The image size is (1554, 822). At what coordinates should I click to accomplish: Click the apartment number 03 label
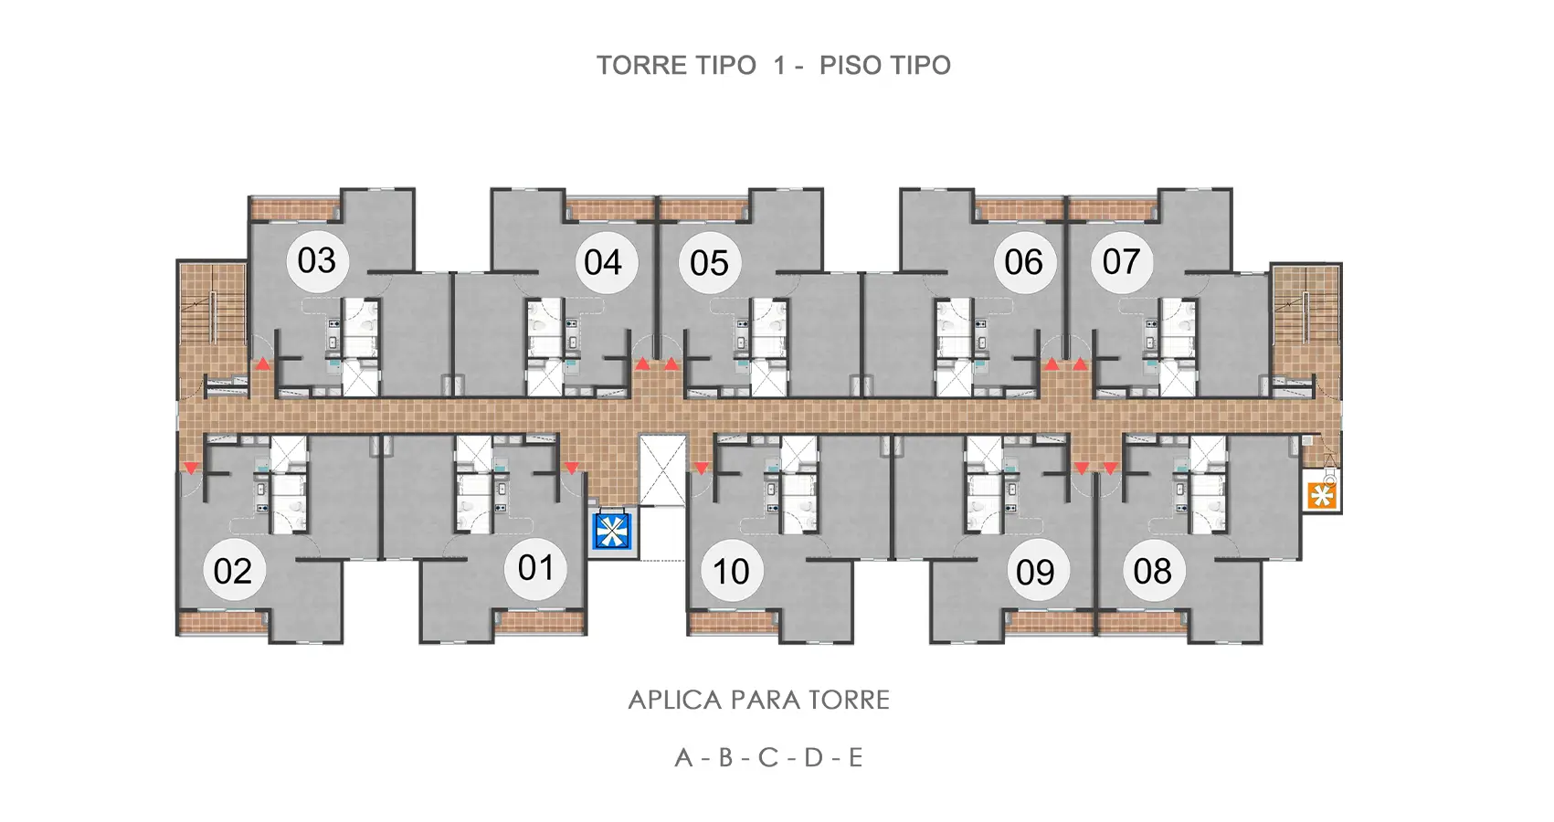tap(316, 261)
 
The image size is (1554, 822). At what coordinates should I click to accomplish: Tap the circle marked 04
tap(603, 263)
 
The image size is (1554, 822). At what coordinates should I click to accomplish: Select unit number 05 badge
tap(710, 263)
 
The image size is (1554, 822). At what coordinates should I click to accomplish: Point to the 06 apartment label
tap(1023, 262)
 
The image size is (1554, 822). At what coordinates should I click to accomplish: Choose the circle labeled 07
tap(1122, 262)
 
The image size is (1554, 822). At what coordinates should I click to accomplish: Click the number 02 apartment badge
tap(233, 571)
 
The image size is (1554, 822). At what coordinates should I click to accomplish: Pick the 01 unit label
tap(535, 568)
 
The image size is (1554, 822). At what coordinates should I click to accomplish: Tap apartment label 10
tap(731, 572)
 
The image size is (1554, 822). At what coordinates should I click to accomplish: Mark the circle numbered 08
tap(1153, 571)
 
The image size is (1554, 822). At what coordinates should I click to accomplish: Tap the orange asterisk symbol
tap(1322, 496)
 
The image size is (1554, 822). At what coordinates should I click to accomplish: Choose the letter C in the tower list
tap(768, 758)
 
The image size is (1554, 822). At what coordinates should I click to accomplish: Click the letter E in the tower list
tap(855, 758)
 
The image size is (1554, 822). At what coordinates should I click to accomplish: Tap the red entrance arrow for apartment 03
tap(261, 364)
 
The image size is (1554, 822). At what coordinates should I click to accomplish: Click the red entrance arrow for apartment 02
tap(191, 469)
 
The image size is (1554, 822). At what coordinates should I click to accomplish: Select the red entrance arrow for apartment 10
tap(702, 469)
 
